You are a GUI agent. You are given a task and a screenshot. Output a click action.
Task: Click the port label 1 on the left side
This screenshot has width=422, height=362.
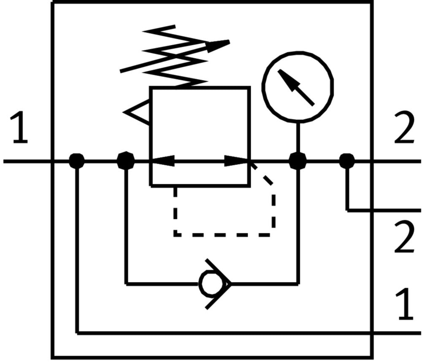point(19,127)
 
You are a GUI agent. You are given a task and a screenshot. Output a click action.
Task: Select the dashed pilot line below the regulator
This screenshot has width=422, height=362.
point(224,234)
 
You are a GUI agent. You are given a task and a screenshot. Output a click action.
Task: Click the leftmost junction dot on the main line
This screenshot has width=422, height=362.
point(77,161)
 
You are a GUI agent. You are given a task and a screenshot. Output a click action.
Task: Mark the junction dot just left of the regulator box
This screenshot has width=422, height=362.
point(125,161)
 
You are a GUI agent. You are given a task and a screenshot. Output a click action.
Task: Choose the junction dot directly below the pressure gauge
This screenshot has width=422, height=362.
point(298,161)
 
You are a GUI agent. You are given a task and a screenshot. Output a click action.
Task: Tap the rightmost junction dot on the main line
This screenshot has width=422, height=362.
point(347,161)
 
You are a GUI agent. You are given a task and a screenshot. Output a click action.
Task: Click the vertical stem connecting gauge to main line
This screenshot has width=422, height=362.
point(298,137)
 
